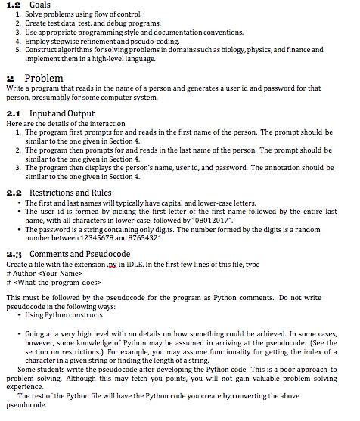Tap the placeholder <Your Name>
(x=52, y=274)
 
